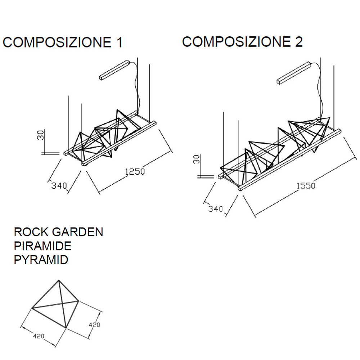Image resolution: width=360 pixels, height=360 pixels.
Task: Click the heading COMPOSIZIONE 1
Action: coord(63,42)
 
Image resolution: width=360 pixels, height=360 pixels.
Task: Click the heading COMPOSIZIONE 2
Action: coord(242,42)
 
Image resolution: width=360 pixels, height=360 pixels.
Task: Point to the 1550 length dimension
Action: coord(306,186)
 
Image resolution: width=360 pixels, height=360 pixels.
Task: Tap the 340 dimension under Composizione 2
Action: coord(216,209)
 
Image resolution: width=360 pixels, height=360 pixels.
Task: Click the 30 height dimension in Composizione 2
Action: coord(197,159)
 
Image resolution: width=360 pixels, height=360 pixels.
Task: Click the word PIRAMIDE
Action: coord(42,246)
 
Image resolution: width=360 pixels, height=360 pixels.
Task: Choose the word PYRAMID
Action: coord(41,260)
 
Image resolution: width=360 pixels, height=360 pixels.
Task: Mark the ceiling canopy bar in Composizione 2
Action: coord(294,73)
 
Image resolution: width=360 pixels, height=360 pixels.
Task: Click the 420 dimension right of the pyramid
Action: coord(94,324)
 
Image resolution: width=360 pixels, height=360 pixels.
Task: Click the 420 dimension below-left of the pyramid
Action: coord(39,336)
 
